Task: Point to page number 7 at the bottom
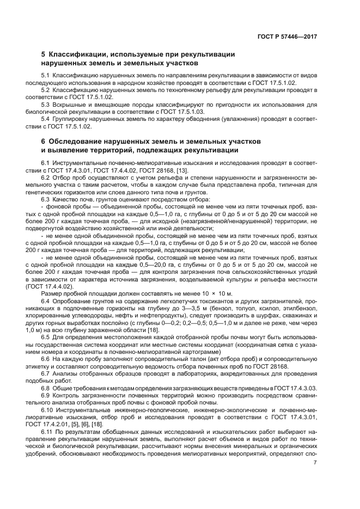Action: tap(315, 463)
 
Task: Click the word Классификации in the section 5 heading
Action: tap(77, 54)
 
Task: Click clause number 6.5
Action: tap(46, 338)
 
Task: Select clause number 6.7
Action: tap(46, 374)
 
